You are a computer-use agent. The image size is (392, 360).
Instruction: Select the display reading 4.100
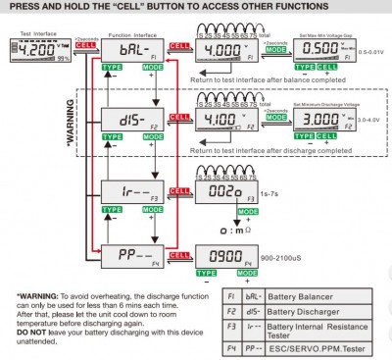pos(223,119)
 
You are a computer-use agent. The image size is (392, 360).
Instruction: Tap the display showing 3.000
pos(325,119)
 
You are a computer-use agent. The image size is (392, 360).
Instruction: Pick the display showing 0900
pos(223,253)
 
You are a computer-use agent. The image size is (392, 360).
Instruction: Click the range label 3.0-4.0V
pos(373,119)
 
